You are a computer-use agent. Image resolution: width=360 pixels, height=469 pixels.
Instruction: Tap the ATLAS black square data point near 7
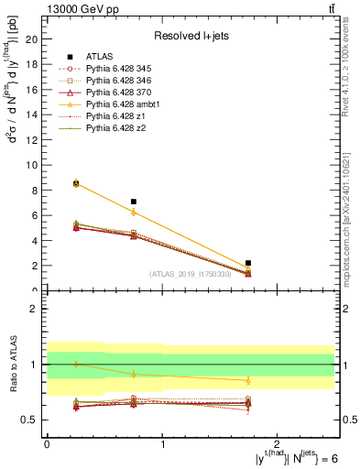(x=134, y=202)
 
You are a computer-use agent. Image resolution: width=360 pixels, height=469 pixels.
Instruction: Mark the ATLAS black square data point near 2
(x=248, y=263)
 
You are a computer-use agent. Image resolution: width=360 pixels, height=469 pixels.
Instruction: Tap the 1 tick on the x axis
(x=162, y=443)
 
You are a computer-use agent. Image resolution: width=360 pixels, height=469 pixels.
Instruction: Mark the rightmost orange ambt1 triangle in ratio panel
(x=248, y=380)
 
